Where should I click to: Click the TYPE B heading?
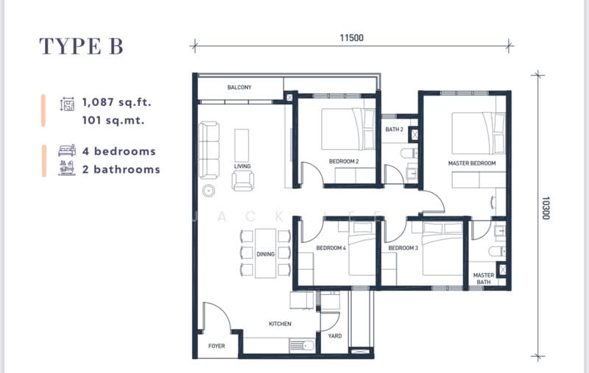coord(81,46)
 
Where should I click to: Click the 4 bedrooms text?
coord(119,152)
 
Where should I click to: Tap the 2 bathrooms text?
coord(121,169)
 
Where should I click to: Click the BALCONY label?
coord(239,88)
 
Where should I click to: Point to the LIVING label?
coord(242,166)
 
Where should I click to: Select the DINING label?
coord(266,255)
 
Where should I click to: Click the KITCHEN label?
coord(280,324)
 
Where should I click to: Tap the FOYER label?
coord(216,346)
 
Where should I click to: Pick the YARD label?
coord(334,336)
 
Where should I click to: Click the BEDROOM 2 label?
coord(343,161)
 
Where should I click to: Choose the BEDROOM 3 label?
coord(403,248)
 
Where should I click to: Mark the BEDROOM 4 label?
coord(331,248)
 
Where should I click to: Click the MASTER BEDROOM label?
coord(471,163)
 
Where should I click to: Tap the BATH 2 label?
coord(395,129)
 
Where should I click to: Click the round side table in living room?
coord(209,191)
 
